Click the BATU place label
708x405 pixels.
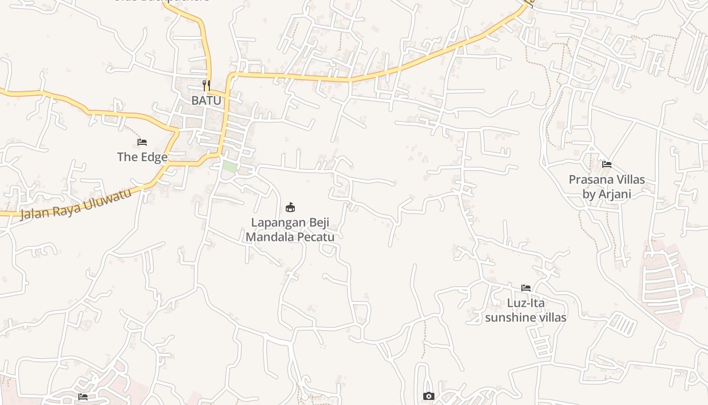click(206, 100)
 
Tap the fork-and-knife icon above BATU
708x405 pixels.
click(206, 85)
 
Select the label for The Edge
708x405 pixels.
click(142, 157)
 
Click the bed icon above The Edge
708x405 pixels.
click(142, 142)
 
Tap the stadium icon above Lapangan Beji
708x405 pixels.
click(290, 207)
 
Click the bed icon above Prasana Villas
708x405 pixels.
click(607, 165)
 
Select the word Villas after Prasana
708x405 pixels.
click(631, 180)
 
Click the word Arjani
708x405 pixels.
click(614, 194)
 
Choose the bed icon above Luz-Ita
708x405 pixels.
click(526, 288)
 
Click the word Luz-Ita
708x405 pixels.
click(526, 303)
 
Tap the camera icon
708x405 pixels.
click(428, 396)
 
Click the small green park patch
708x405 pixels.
click(230, 167)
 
